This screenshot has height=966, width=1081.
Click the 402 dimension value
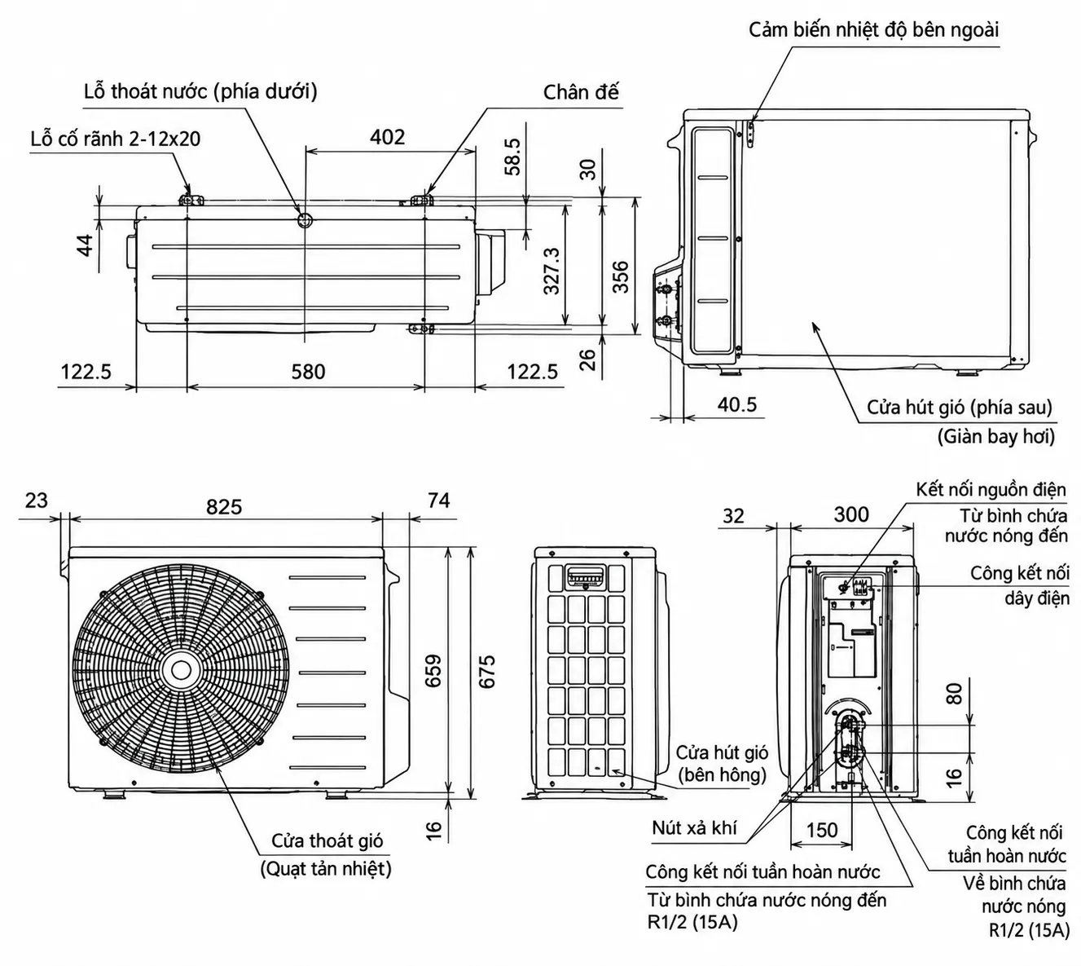387,137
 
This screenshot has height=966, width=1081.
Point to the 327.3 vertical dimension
551,271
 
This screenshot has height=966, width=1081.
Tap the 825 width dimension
224,506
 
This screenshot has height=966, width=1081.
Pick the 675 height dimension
486,671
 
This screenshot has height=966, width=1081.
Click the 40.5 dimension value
737,404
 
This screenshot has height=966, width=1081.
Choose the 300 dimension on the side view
851,514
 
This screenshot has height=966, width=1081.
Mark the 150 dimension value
822,830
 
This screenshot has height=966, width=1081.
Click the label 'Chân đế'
581,92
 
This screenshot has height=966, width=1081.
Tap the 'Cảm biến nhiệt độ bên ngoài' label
873,30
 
